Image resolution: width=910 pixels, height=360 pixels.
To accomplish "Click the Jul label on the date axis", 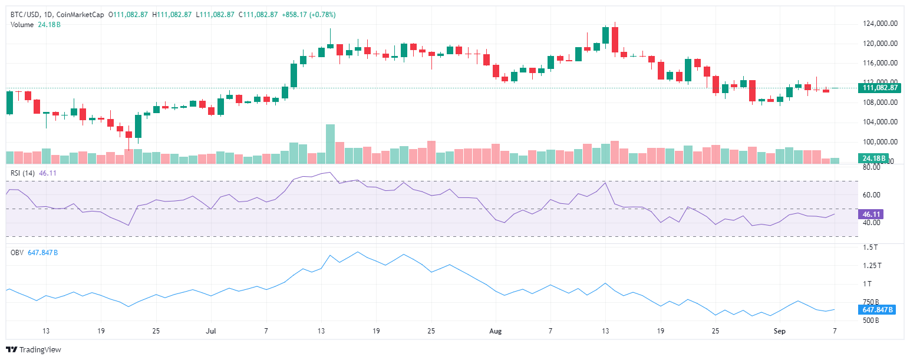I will tap(210, 331).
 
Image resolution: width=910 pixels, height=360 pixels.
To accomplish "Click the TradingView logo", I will tap(34, 349).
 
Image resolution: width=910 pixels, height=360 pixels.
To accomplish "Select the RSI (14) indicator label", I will tap(24, 173).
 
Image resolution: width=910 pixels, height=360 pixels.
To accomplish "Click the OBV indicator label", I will tap(17, 252).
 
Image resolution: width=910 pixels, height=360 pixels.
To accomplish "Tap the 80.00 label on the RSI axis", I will tap(872, 167).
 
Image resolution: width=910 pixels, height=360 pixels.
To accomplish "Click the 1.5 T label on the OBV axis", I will tap(871, 247).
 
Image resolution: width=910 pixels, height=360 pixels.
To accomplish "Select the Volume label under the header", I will tap(22, 24).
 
